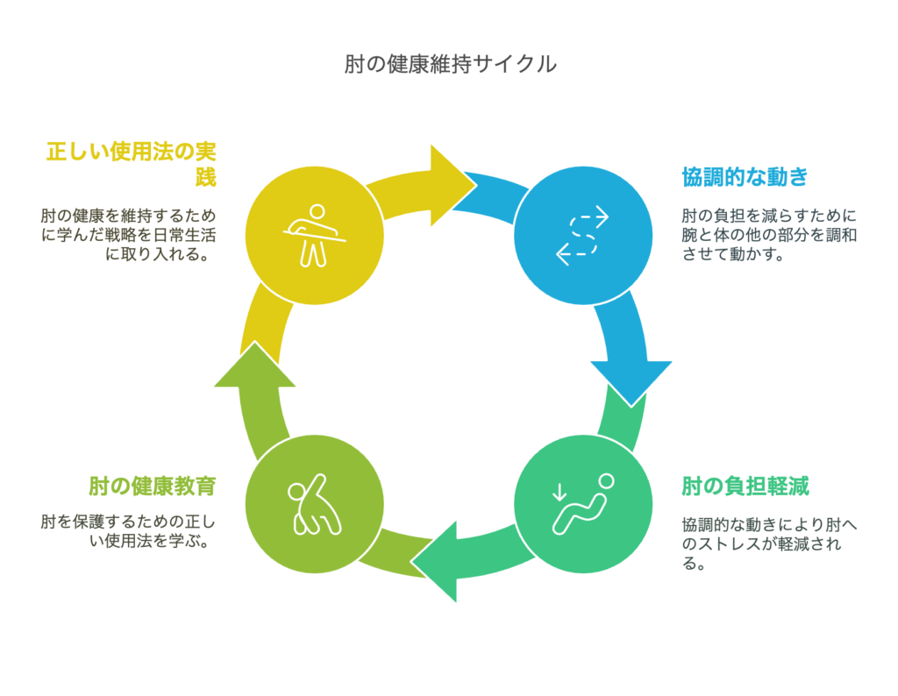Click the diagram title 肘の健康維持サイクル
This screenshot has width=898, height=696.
(450, 64)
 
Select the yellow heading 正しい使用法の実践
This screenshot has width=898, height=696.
(132, 164)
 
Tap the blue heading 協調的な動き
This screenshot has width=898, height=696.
(745, 177)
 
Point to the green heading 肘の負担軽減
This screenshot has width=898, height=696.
(745, 486)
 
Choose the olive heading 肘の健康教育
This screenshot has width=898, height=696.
(153, 486)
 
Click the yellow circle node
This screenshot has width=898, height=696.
(315, 235)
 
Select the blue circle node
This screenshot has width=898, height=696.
(583, 235)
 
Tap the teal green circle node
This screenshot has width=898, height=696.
(583, 504)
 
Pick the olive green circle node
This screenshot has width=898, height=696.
(315, 504)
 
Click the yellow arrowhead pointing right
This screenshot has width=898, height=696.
(450, 185)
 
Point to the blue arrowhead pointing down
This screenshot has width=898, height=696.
(631, 380)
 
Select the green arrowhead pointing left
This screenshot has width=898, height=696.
(438, 561)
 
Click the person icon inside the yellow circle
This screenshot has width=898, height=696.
(315, 235)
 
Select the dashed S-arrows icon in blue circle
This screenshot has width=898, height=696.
(583, 235)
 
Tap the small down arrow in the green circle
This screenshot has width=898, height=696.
(559, 493)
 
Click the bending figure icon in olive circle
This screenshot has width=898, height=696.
(315, 504)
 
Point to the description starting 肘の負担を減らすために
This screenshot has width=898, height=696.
(769, 235)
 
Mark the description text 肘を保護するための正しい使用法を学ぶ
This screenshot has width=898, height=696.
(128, 531)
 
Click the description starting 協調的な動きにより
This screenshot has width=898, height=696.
(769, 543)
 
